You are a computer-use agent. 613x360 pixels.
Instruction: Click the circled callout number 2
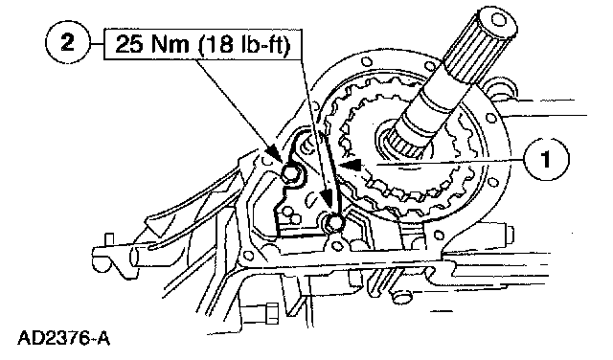[68, 42]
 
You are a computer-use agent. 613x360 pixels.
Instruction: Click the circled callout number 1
[547, 160]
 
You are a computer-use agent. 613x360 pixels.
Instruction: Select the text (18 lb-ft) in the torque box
[244, 44]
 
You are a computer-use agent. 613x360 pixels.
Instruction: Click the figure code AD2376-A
[64, 338]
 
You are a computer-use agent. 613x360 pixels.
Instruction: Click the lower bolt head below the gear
[334, 222]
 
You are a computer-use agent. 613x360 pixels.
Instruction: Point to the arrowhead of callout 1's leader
[351, 166]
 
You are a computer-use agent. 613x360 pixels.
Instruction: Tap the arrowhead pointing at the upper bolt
[275, 154]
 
